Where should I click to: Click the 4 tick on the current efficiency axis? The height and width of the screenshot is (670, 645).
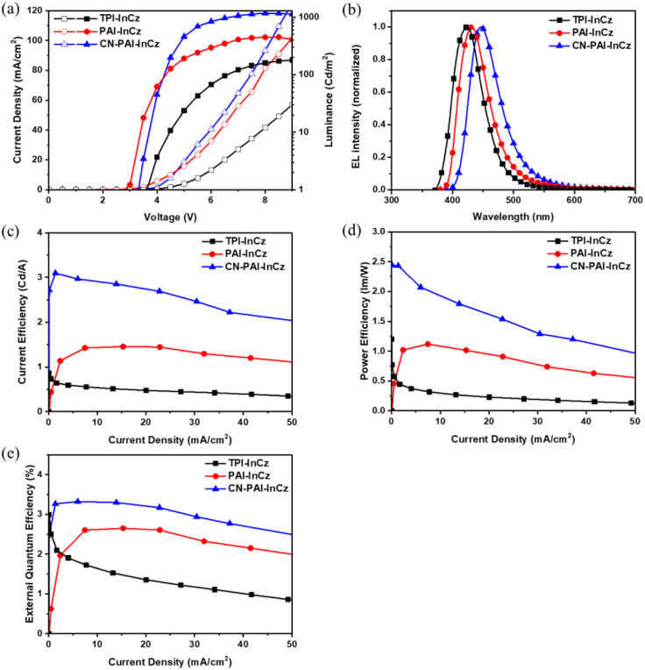[x=39, y=232]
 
